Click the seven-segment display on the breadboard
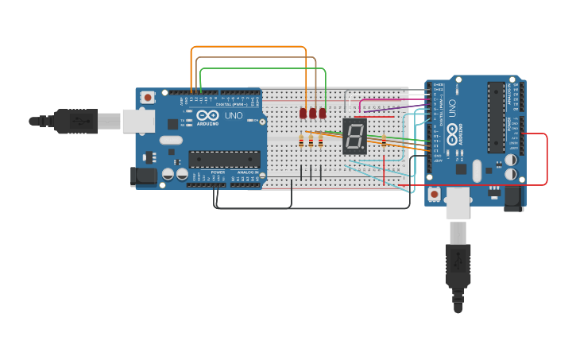(x=354, y=136)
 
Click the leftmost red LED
(x=303, y=114)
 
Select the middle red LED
(x=313, y=114)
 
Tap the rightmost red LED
(x=323, y=114)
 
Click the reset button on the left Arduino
(x=147, y=97)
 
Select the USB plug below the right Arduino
(x=458, y=266)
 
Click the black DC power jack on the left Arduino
(x=143, y=176)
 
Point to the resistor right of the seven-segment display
(x=384, y=142)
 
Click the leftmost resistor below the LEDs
(x=301, y=142)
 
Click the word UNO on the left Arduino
(x=234, y=116)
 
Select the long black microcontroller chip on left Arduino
(x=224, y=159)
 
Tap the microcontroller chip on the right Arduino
(x=496, y=117)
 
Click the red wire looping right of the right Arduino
(x=547, y=159)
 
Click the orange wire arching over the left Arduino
(x=248, y=47)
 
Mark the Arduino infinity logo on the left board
(x=207, y=116)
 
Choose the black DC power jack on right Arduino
(x=513, y=197)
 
